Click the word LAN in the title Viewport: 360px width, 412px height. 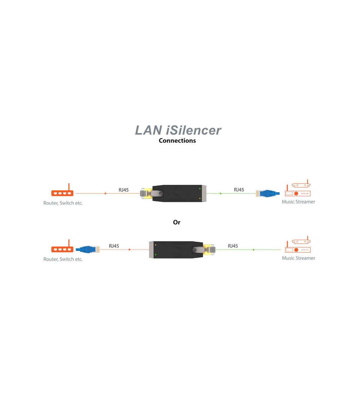pyautogui.click(x=148, y=130)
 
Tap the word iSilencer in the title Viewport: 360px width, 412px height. pyautogui.click(x=193, y=130)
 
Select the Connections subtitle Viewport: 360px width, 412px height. pyautogui.click(x=177, y=141)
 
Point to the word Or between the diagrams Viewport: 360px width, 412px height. pyautogui.click(x=177, y=222)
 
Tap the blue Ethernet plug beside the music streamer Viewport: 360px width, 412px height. pyautogui.click(x=268, y=193)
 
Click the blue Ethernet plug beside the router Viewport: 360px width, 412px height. pyautogui.click(x=88, y=250)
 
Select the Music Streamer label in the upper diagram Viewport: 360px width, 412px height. pyautogui.click(x=298, y=201)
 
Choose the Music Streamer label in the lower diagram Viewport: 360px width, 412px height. pyautogui.click(x=298, y=258)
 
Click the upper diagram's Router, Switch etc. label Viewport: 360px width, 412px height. pyautogui.click(x=63, y=203)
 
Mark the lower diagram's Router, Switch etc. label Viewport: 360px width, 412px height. pyautogui.click(x=63, y=259)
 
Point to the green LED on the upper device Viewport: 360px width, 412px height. pyautogui.click(x=200, y=189)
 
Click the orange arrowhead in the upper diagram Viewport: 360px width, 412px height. pyautogui.click(x=106, y=193)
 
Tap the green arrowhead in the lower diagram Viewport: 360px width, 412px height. pyautogui.click(x=254, y=250)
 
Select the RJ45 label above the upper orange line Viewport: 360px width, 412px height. pyautogui.click(x=124, y=190)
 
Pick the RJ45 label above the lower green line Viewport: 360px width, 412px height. pyautogui.click(x=233, y=246)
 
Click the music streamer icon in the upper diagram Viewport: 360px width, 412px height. pyautogui.click(x=298, y=188)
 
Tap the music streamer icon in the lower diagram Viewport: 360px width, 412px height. pyautogui.click(x=298, y=244)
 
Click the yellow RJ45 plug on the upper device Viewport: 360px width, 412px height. pyautogui.click(x=146, y=193)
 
